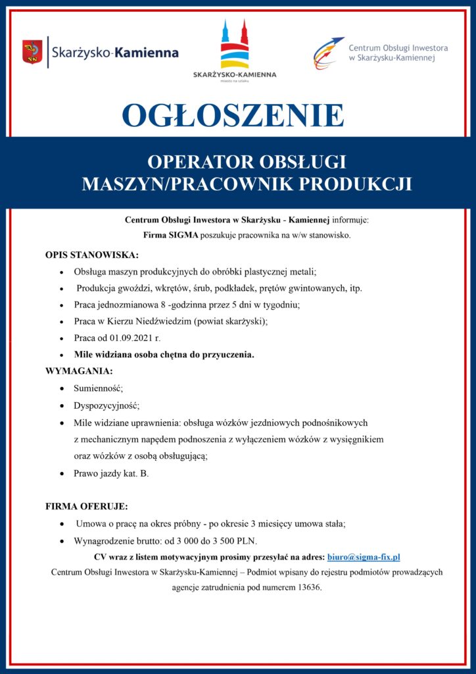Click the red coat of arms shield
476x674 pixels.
pos(32,51)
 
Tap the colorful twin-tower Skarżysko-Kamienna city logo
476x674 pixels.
pos(235,46)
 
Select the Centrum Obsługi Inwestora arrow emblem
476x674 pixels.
pos(328,53)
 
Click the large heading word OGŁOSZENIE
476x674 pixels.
pos(233,115)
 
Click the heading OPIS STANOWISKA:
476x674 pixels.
pos(91,255)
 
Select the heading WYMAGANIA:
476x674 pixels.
pos(79,371)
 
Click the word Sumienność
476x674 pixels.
pos(98,388)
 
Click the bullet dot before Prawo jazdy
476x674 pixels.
pos(61,473)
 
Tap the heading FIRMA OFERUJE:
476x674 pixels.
pos(86,507)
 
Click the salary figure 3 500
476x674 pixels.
pos(227,541)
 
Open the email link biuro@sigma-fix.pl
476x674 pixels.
pos(368,557)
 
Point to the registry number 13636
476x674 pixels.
pos(308,587)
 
